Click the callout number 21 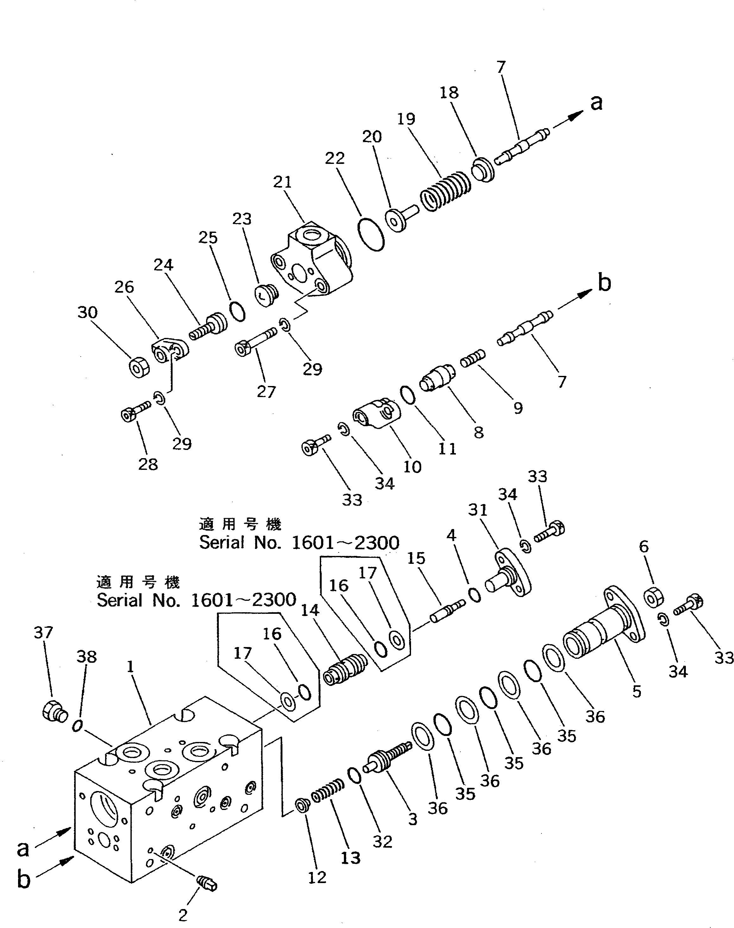tap(282, 182)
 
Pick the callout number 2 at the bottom tap(183, 916)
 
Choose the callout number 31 tap(478, 510)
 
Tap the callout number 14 tap(310, 610)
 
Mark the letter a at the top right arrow tap(596, 103)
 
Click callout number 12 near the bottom tap(317, 877)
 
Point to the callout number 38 tap(86, 657)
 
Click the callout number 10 tap(412, 466)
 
